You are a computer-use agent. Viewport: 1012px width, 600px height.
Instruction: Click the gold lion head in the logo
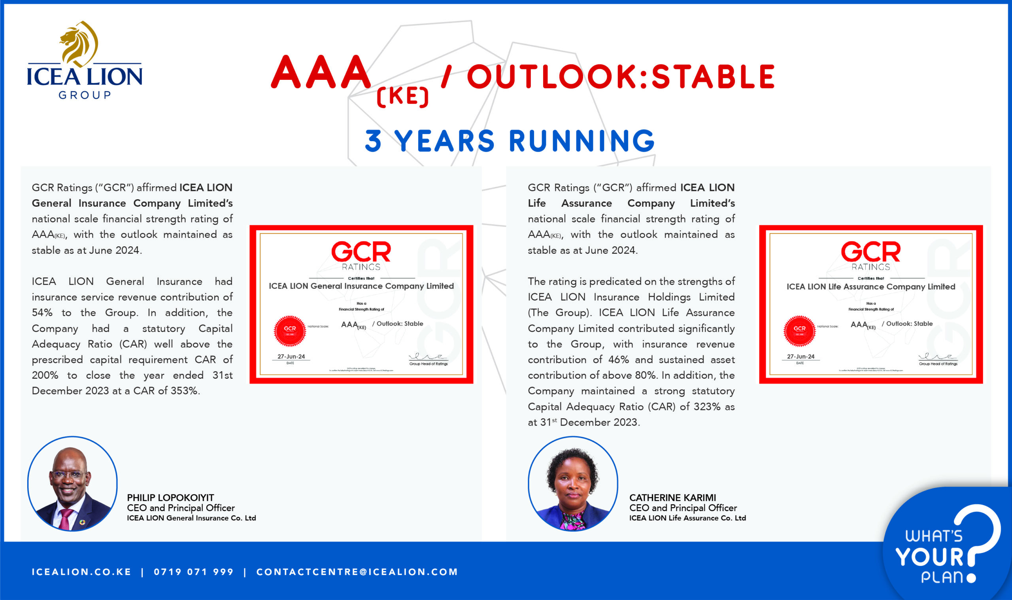(x=78, y=43)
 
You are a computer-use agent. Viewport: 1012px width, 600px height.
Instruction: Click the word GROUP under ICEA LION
(x=85, y=95)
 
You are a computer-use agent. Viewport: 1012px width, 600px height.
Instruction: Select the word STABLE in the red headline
(x=713, y=77)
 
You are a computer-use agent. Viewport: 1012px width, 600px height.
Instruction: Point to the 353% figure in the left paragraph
(x=185, y=391)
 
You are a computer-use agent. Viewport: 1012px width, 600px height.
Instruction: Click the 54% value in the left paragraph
(x=42, y=313)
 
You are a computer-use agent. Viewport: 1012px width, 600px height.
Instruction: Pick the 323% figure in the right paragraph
(x=707, y=407)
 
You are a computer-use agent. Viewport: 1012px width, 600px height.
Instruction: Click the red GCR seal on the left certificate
(x=290, y=331)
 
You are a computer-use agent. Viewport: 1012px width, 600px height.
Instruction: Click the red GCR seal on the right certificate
(x=799, y=331)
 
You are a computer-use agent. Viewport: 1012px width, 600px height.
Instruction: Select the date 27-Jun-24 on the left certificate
(x=291, y=357)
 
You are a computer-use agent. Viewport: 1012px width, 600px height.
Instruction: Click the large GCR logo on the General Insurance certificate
(x=361, y=252)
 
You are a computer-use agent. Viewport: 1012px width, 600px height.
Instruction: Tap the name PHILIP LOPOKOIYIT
(x=170, y=498)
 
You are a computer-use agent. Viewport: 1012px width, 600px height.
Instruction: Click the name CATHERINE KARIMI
(x=672, y=498)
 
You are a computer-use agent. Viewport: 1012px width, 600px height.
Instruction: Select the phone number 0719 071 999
(x=194, y=572)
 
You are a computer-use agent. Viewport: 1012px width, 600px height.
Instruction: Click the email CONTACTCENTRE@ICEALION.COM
(x=357, y=572)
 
